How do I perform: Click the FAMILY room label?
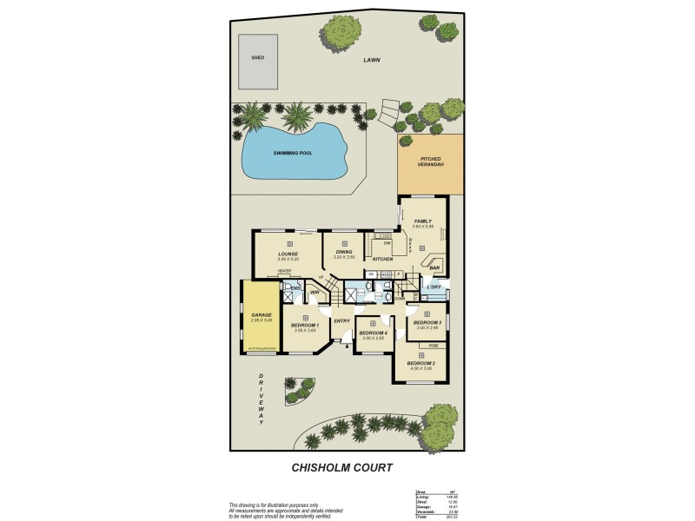coord(423,221)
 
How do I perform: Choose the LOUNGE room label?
coord(288,254)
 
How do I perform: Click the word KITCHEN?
coord(383,260)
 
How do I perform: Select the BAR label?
coord(435,267)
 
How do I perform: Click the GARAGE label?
coord(261,315)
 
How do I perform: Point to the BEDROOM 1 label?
coord(305,326)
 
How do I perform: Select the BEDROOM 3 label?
coord(427,323)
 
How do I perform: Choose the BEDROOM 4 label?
coord(373,333)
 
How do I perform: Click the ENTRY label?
coord(341,321)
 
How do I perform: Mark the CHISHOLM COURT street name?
coord(341,467)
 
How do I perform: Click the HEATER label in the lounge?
coord(285,271)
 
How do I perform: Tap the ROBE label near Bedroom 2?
coord(433,346)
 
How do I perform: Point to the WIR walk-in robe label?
coord(314,293)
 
